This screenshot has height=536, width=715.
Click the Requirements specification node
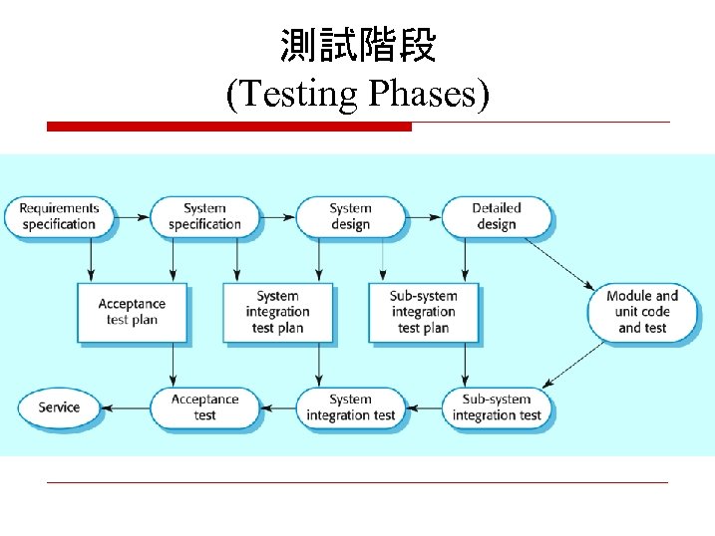[x=59, y=216]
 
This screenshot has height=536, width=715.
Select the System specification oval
[x=204, y=216]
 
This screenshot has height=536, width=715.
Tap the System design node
[x=350, y=216]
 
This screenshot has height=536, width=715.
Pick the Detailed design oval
[x=496, y=216]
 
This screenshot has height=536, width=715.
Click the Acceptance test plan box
[x=132, y=312]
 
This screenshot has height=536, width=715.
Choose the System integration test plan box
[x=277, y=312]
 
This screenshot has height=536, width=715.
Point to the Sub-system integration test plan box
[x=423, y=312]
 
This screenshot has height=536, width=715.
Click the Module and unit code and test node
[x=641, y=311]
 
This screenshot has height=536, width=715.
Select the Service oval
[x=59, y=407]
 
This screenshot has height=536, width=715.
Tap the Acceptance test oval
[x=204, y=407]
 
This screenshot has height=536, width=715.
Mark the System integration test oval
[x=350, y=407]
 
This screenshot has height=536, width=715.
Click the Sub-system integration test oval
[x=496, y=407]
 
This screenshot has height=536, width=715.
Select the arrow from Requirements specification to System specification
[x=132, y=215]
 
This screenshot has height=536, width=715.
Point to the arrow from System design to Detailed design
[x=423, y=215]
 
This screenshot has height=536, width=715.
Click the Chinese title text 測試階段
[x=357, y=46]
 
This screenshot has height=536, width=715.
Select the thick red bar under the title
[x=229, y=127]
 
